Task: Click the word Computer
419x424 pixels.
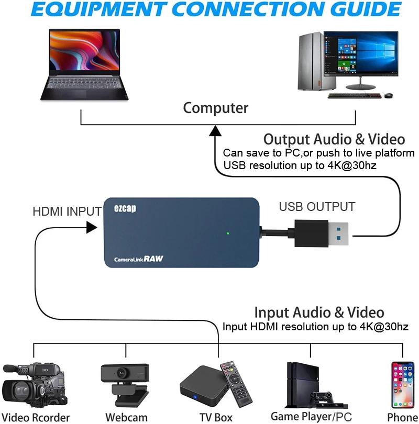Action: coord(215,108)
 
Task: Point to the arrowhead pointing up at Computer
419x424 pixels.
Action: coord(215,131)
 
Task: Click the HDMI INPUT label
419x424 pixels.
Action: coord(67,211)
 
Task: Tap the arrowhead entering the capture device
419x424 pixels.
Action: coord(92,227)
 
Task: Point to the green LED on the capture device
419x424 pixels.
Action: coord(228,233)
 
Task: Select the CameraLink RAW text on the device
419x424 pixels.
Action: coord(138,259)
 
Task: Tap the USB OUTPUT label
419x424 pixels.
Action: coord(317,207)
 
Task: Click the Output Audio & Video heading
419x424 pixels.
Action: coord(334,139)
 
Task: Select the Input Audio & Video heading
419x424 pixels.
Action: coord(319,313)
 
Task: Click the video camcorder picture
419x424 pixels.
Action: coord(34,385)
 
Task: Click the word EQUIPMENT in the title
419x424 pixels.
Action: coord(94,10)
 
